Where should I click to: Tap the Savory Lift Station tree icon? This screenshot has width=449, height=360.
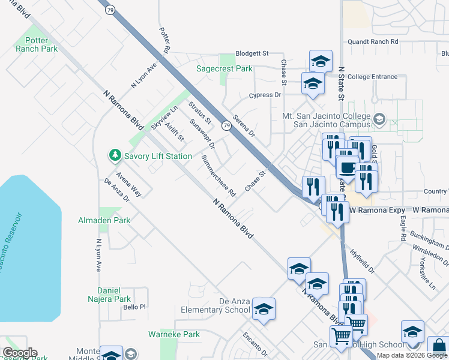pos(114,156)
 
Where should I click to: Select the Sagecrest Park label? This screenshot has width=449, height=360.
pos(224,69)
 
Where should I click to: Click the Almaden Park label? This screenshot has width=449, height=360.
pos(104,220)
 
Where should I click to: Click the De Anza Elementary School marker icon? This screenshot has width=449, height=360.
pos(264,309)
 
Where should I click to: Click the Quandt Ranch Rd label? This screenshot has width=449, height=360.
pos(373,42)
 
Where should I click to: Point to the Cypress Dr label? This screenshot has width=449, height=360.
pos(265,95)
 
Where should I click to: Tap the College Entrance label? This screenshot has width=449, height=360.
pos(372,77)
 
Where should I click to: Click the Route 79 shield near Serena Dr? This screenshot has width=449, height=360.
pos(226,125)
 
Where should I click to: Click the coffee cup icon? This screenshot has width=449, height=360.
pos(348,167)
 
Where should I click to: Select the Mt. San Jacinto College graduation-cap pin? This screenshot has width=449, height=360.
pos(379,119)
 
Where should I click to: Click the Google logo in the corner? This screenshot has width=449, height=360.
pos(20,353)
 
